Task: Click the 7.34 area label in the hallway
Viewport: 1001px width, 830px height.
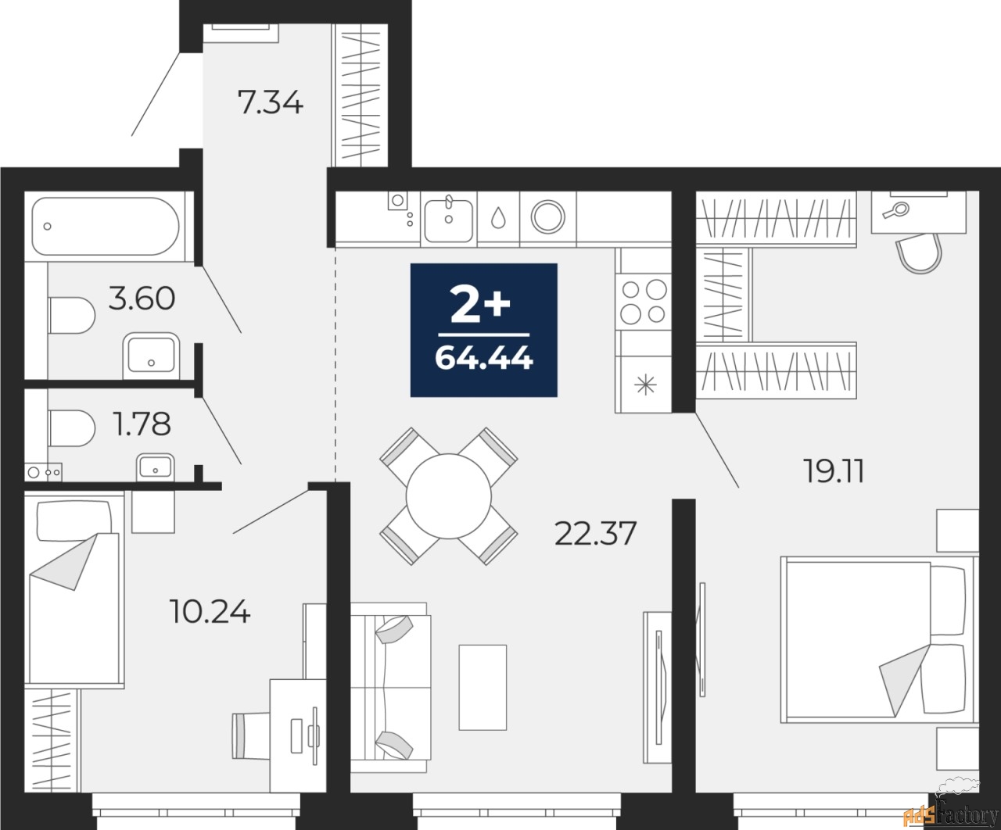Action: click(271, 104)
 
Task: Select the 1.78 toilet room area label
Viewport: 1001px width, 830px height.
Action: click(143, 424)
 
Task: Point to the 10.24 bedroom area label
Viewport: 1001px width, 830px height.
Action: click(210, 612)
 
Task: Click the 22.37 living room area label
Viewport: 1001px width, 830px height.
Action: click(595, 533)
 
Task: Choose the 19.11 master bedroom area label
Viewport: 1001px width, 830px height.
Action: click(834, 471)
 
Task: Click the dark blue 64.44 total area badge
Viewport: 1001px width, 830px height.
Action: click(484, 330)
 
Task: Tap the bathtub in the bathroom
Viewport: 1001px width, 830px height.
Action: click(106, 226)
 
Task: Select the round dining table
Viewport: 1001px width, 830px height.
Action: click(448, 496)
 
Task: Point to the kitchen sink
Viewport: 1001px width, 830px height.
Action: click(449, 220)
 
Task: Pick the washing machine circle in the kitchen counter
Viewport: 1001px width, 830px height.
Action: click(547, 217)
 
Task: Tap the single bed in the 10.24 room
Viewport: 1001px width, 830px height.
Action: click(74, 589)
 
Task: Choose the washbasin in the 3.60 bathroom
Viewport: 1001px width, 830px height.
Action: click(151, 355)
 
